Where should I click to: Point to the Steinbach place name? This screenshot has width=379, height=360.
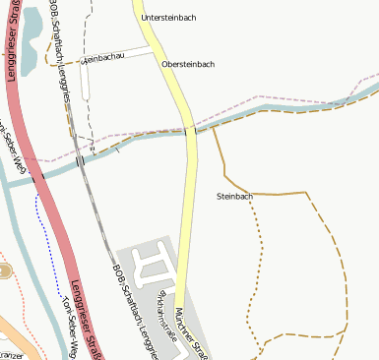[234, 197]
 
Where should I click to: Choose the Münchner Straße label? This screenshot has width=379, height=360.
[193, 331]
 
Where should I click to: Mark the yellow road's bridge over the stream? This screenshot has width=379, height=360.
[190, 131]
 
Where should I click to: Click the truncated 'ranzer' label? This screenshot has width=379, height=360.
[11, 355]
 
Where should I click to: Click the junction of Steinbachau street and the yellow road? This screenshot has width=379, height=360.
[158, 46]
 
